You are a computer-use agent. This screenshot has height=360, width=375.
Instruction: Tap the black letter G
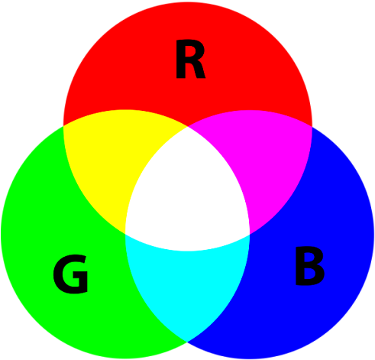pos(70,274)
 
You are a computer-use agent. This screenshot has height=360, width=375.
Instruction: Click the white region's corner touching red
pos(188,127)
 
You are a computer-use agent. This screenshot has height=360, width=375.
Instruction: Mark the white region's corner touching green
pos(125,234)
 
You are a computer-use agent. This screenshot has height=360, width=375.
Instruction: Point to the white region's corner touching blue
pos(250,234)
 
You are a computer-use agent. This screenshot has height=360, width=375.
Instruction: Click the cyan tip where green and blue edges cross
pos(187,341)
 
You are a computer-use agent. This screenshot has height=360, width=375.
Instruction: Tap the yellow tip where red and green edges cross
pos(63,125)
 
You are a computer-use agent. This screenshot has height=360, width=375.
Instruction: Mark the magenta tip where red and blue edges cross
pos(312,126)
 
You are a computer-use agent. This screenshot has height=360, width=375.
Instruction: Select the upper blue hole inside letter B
pos(308,258)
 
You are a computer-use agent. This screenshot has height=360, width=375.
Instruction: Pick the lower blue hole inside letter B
pos(309,274)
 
